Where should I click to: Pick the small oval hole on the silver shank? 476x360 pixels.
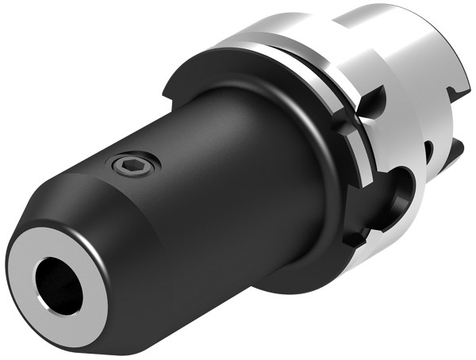point(428,151)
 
